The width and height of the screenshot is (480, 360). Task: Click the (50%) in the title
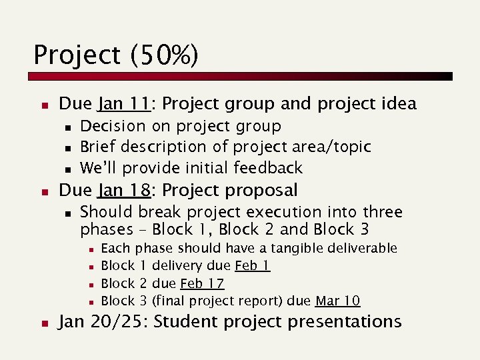pyautogui.click(x=164, y=55)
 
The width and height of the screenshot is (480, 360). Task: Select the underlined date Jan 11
pyautogui.click(x=123, y=104)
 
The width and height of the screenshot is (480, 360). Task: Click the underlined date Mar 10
pyautogui.click(x=338, y=301)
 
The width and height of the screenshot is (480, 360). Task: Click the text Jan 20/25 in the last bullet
pyautogui.click(x=103, y=321)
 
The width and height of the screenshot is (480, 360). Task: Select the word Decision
pyautogui.click(x=112, y=126)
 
